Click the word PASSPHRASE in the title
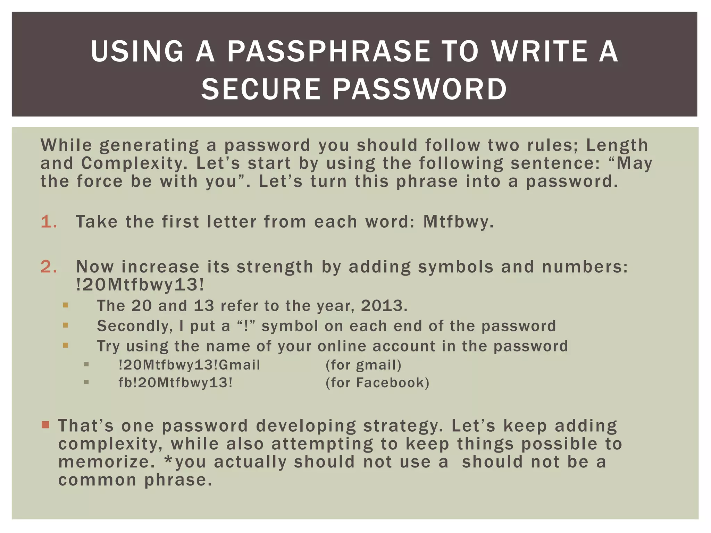coord(328,51)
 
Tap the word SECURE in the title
coord(261,89)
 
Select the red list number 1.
coord(48,222)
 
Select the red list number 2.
coord(49,267)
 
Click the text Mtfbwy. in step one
coord(458,222)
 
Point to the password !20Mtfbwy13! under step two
coord(140,285)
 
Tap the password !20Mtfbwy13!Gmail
coord(189,365)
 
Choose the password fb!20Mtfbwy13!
coord(175,383)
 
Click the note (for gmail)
coord(363,365)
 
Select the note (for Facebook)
coord(377,383)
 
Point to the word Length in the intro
coord(617,145)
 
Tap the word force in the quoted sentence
coord(100,181)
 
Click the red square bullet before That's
coord(45,425)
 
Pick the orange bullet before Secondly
coord(66,325)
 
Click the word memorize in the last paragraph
coord(106,462)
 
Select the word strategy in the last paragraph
coord(403,426)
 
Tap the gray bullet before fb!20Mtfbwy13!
coord(86,382)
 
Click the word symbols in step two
coord(455,267)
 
